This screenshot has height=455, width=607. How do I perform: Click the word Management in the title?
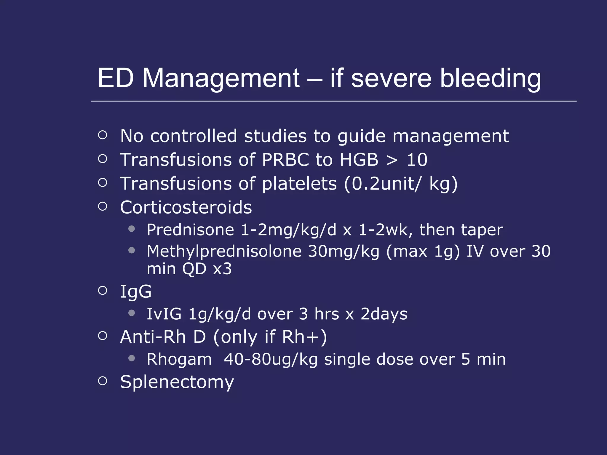coord(221,78)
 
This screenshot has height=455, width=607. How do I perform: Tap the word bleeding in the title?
coord(490,78)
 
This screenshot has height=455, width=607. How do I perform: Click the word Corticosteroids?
coord(186,207)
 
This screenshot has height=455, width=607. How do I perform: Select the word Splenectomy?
coord(177,382)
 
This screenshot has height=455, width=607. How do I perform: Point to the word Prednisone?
coord(190,230)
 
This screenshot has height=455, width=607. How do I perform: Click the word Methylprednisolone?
coord(224,251)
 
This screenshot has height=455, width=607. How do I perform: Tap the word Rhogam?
coord(179,359)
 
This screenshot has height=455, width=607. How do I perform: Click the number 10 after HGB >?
coord(417,160)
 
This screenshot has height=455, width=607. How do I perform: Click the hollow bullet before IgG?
coord(103,291)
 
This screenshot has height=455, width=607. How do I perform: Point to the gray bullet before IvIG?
coord(132,313)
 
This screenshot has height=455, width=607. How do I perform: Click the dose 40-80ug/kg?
coord(271,359)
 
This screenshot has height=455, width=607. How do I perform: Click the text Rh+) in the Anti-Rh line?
coord(304,337)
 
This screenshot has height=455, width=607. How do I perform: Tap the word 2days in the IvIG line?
coord(384,314)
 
